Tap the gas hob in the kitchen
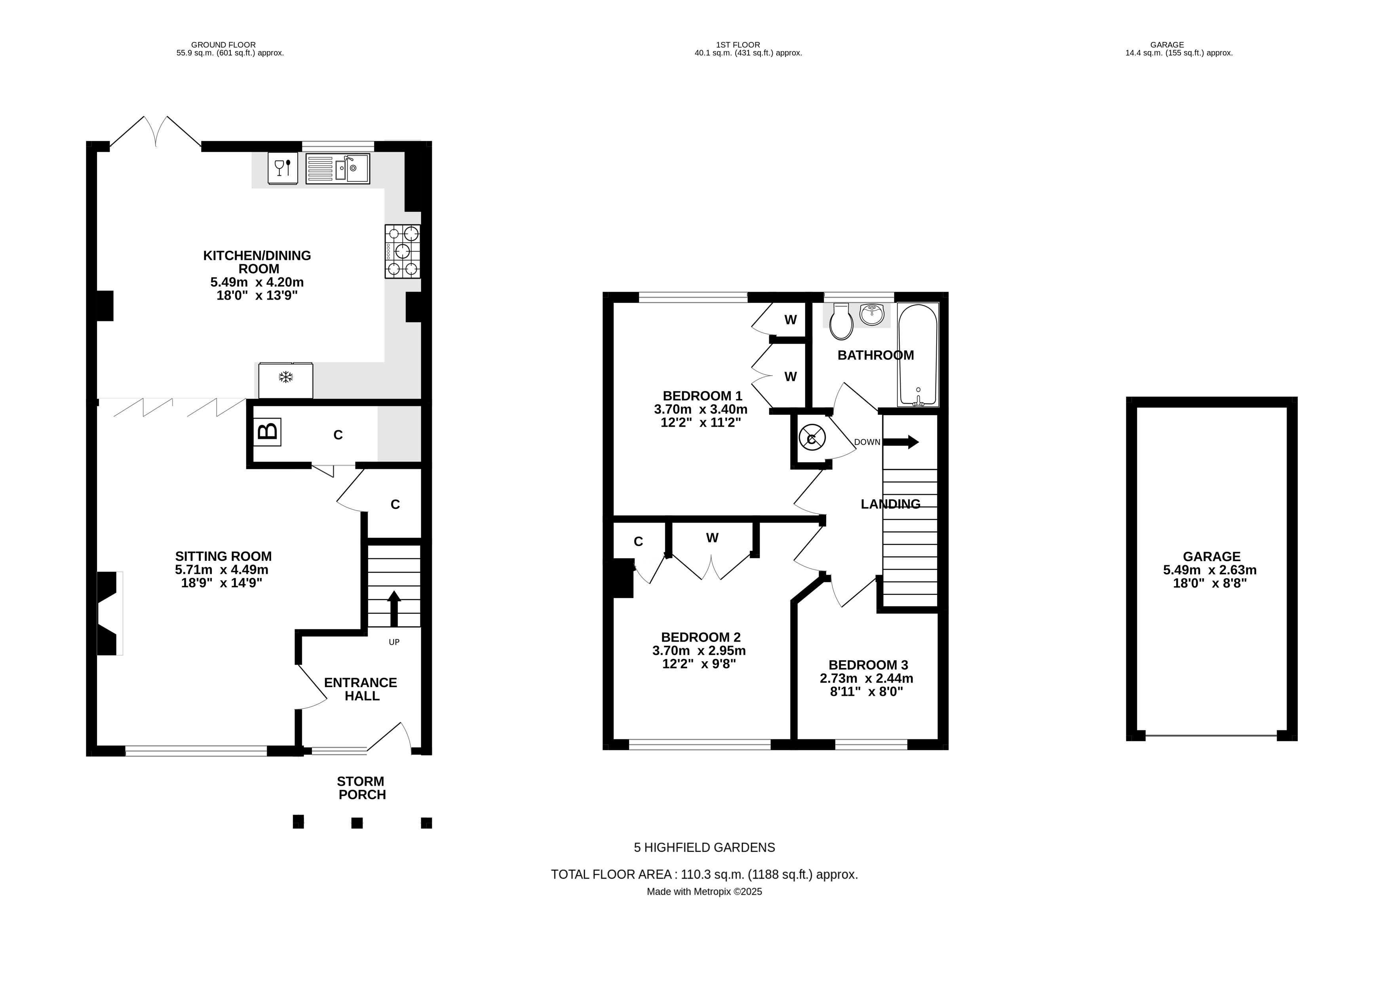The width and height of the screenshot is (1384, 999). click(403, 251)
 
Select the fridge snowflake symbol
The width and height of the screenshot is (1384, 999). click(285, 377)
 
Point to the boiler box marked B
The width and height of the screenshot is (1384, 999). click(267, 432)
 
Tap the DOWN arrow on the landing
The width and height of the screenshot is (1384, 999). click(901, 442)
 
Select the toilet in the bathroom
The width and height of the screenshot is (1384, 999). click(842, 322)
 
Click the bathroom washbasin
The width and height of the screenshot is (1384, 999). click(872, 315)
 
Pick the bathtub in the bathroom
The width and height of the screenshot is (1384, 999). click(918, 355)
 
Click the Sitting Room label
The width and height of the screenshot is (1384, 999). click(223, 556)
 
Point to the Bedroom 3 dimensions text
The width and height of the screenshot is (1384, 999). click(867, 685)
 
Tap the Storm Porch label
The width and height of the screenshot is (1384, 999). click(361, 788)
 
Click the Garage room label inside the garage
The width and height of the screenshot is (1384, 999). click(1211, 556)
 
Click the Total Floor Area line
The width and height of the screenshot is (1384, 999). click(705, 874)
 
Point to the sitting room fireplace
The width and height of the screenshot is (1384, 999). click(110, 613)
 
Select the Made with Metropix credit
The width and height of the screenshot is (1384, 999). click(705, 892)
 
